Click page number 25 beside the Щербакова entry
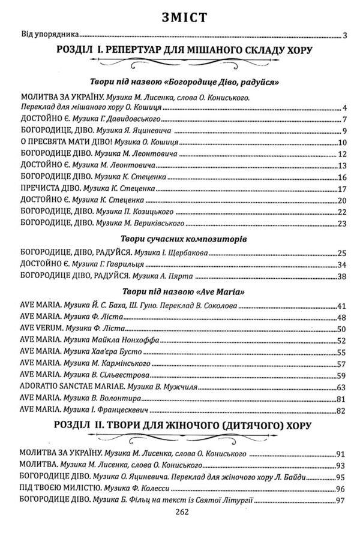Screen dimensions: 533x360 tap(343, 254)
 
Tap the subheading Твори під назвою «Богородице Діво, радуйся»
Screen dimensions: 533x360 tap(180, 81)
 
